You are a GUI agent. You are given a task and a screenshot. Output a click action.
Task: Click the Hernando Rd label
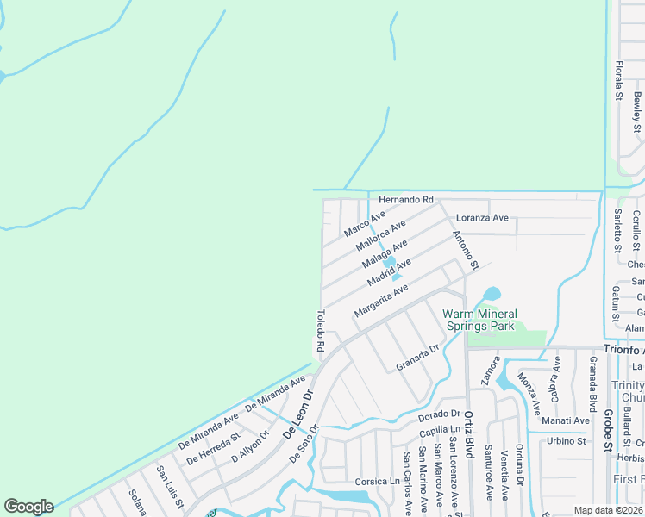(405, 200)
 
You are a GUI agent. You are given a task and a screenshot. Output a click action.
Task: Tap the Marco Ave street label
(364, 224)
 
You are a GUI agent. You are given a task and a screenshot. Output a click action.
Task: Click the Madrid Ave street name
(389, 272)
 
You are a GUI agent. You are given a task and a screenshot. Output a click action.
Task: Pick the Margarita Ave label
(380, 301)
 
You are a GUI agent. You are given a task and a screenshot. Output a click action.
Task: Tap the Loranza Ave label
(482, 218)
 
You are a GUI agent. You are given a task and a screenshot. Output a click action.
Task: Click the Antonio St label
(465, 250)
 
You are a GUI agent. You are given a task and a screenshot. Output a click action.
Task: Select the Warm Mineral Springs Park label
(480, 320)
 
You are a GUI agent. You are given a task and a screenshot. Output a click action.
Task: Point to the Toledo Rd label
(319, 331)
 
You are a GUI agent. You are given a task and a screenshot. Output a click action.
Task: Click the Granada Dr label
(418, 358)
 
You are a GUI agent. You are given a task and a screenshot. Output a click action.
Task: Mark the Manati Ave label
(566, 420)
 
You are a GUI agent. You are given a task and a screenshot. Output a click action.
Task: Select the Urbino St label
(567, 441)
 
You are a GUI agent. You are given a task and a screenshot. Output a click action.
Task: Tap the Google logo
(28, 507)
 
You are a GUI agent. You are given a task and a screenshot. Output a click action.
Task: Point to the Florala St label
(618, 80)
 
